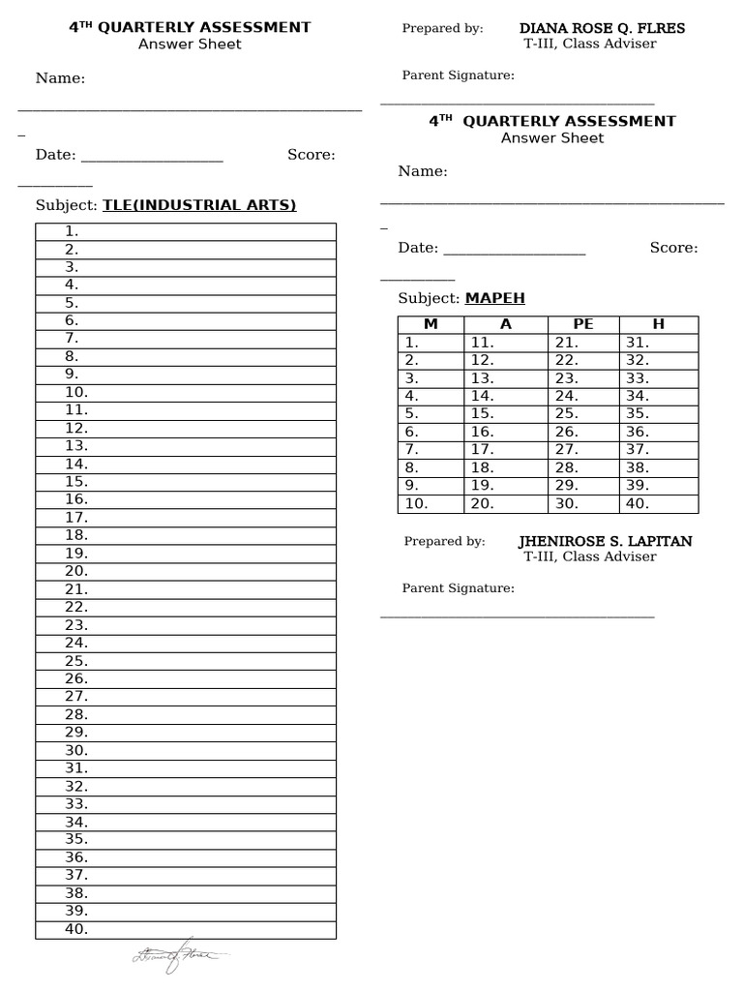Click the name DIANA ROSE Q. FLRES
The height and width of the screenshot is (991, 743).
602,28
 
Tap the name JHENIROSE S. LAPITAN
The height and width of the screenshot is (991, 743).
605,541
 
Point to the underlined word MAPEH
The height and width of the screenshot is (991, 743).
494,298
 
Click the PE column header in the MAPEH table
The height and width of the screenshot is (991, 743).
583,324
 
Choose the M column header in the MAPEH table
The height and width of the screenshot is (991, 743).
431,324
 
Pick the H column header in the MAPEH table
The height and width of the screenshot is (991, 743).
659,324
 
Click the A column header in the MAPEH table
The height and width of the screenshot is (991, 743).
505,324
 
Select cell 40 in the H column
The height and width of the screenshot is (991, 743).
659,503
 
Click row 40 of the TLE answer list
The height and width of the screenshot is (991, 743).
186,929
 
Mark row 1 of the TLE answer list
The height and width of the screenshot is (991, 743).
186,231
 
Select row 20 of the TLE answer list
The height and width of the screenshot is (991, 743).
186,571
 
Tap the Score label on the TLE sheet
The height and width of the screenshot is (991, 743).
312,155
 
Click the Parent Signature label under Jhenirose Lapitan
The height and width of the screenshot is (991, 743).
459,588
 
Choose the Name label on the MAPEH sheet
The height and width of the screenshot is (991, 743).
423,171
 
